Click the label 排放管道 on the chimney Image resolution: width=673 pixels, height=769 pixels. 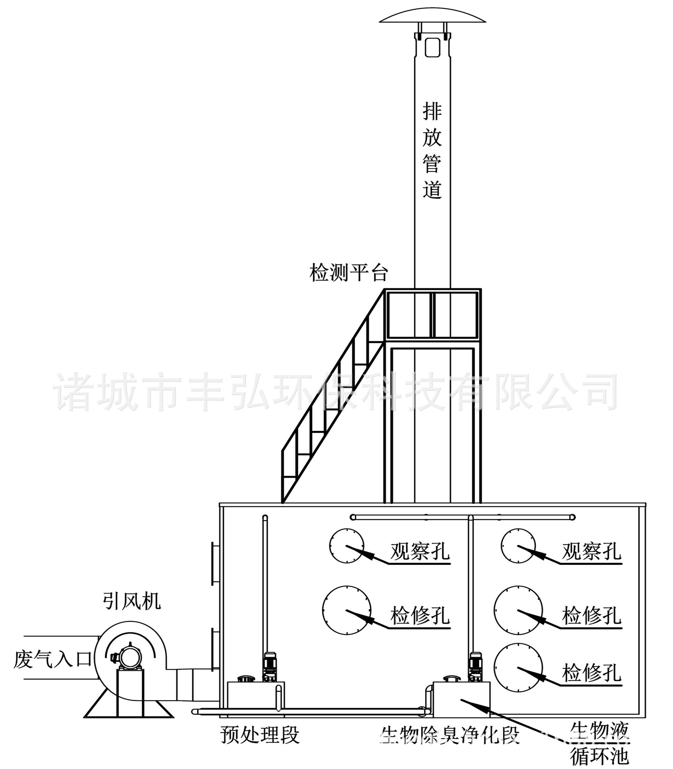tap(432, 150)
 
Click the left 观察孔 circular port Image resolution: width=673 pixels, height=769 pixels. tap(347, 546)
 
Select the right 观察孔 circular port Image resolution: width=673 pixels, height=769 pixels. tap(518, 546)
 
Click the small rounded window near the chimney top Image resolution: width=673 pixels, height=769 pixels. tap(432, 47)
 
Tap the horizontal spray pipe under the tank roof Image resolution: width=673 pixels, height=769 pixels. tap(462, 517)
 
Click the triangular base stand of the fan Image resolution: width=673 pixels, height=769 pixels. tap(129, 709)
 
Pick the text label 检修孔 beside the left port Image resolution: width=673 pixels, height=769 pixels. tap(420, 616)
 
